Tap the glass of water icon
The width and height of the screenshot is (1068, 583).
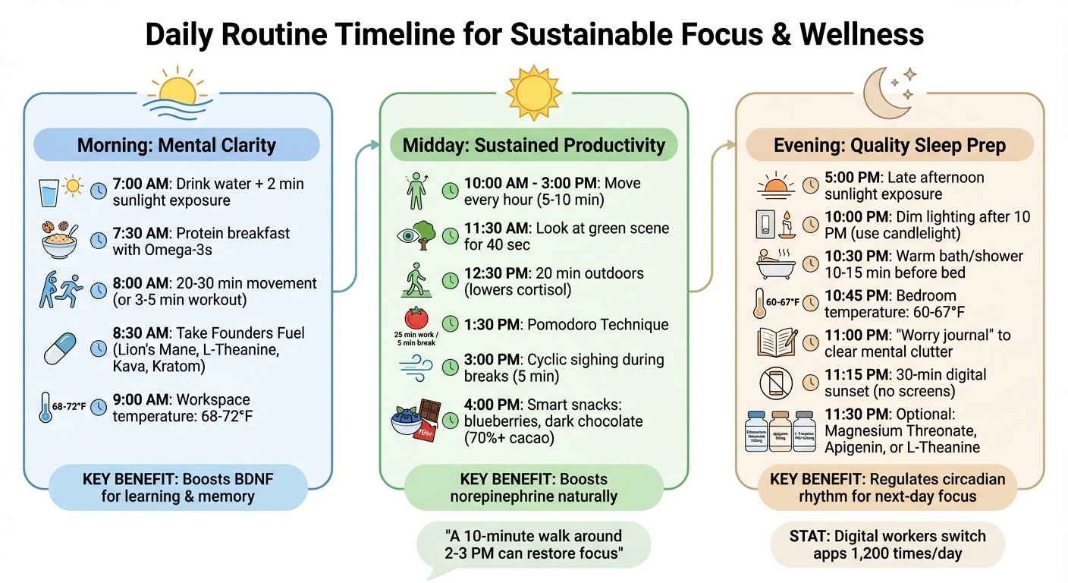[49, 193]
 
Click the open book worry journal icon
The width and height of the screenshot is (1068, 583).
[777, 342]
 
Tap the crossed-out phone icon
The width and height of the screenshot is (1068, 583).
[777, 383]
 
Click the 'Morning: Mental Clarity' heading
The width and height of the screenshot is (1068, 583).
[177, 145]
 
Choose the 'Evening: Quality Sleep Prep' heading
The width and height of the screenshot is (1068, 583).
[889, 145]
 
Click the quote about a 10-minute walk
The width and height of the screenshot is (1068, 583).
[534, 544]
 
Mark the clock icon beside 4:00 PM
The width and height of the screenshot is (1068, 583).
[451, 420]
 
